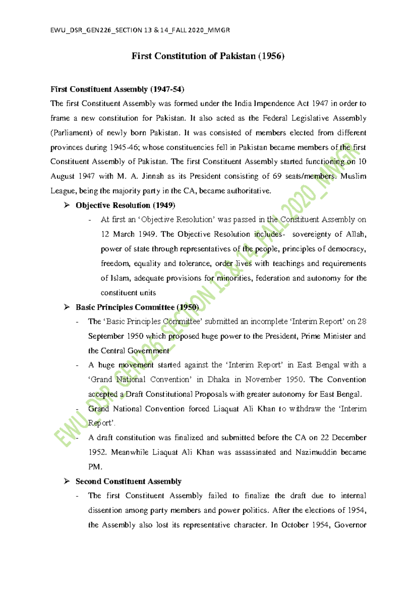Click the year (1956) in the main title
(x=271, y=56)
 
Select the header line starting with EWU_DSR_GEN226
(x=140, y=30)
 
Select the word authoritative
(x=248, y=191)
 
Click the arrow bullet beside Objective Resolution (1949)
(x=67, y=205)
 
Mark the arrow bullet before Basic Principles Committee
(x=67, y=307)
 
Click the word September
(x=106, y=336)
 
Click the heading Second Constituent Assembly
(x=129, y=481)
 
